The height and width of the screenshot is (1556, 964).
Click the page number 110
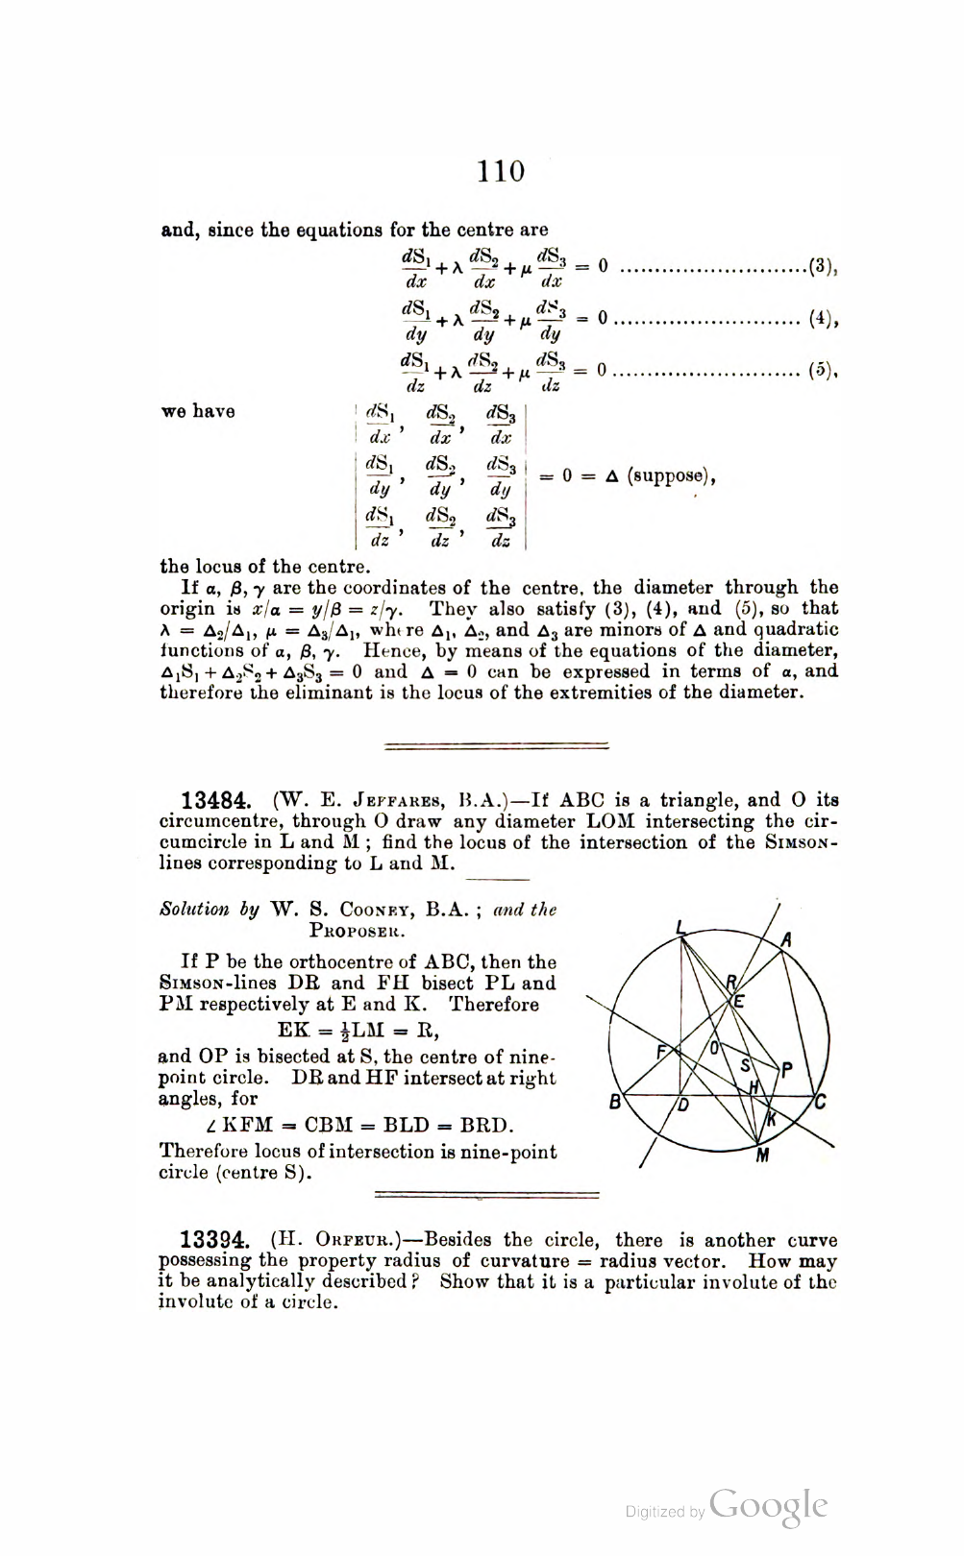[x=501, y=171]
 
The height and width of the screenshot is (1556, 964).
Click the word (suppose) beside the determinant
[x=671, y=475]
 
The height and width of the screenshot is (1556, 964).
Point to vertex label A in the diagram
[x=786, y=939]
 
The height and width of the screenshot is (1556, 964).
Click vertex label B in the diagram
[x=615, y=1103]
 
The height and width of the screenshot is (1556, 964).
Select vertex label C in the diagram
[x=820, y=1102]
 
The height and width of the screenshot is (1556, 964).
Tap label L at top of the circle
[x=680, y=928]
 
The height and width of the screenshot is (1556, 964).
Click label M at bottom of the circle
[x=762, y=1155]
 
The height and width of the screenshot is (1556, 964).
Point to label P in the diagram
[x=787, y=1070]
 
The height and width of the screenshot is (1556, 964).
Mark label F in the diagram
[x=661, y=1052]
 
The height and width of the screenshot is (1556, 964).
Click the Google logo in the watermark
[x=769, y=1506]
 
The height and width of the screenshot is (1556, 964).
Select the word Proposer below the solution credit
[x=358, y=931]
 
